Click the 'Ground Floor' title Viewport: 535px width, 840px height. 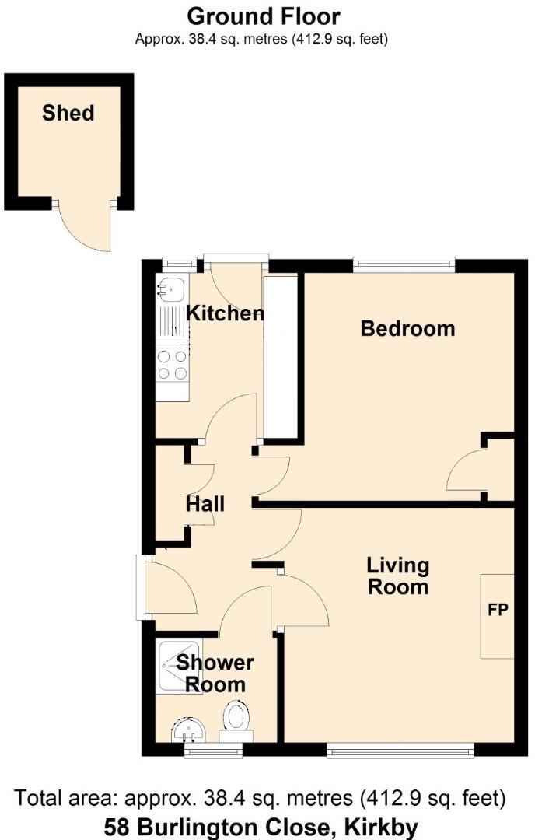(264, 16)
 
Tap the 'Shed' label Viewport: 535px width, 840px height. (68, 113)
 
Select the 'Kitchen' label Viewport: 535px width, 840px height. (225, 313)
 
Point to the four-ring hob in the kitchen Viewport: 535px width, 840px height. (172, 364)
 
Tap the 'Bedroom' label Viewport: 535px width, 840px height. (407, 328)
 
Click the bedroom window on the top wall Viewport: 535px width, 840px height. (404, 264)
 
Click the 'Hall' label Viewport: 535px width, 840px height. (205, 504)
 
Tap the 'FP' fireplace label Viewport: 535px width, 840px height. (497, 610)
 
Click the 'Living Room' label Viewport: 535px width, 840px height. (398, 576)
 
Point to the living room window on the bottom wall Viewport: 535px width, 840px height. (400, 750)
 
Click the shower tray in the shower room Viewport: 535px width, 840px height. (176, 664)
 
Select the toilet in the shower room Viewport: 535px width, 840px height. (236, 718)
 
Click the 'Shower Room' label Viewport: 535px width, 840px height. (215, 674)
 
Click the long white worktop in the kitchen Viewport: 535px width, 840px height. (280, 358)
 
